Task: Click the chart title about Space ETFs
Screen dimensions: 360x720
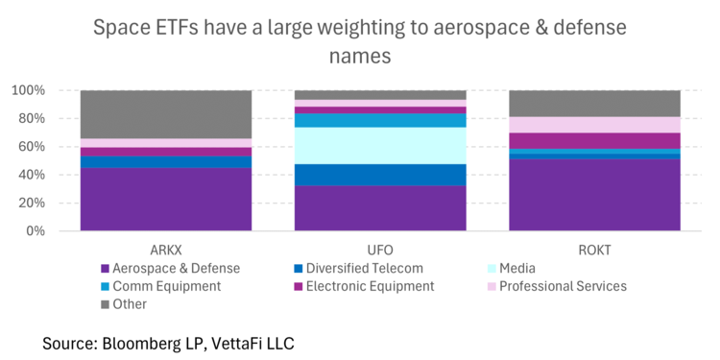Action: click(360, 41)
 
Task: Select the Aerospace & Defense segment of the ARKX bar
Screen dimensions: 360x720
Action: click(165, 200)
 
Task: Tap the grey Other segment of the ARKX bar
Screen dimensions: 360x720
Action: click(165, 114)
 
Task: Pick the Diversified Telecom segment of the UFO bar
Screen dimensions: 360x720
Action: click(380, 175)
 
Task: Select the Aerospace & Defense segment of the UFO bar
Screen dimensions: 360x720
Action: click(380, 208)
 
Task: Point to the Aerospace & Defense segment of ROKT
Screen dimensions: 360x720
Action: click(594, 195)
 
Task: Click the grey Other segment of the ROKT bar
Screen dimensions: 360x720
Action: click(594, 104)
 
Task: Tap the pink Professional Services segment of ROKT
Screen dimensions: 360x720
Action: click(594, 125)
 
